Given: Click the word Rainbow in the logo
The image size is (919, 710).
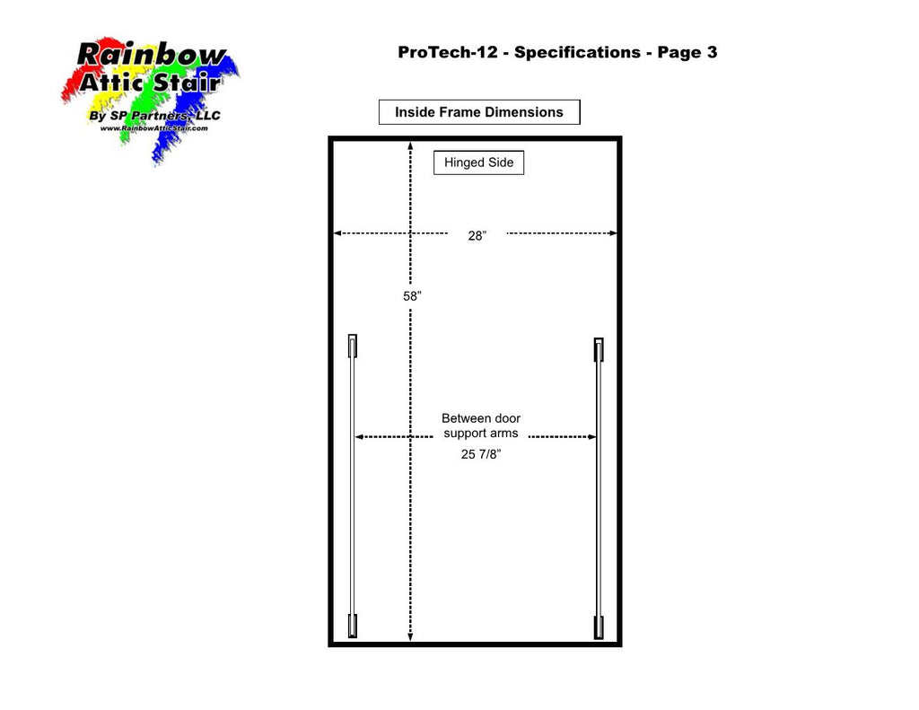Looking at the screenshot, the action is tap(151, 55).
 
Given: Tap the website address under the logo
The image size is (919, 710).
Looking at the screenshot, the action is tap(153, 128).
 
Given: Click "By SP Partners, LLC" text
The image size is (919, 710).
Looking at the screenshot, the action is tap(154, 116).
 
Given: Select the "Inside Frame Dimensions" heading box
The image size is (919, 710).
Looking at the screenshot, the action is tap(479, 112).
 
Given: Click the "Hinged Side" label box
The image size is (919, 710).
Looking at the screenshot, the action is tap(478, 162).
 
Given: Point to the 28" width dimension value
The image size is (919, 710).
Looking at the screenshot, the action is tap(477, 236).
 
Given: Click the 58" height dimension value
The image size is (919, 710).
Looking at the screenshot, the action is tap(412, 296).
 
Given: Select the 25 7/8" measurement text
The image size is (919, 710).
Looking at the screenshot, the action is tap(481, 454).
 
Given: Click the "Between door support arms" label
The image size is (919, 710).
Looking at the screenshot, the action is tap(481, 425).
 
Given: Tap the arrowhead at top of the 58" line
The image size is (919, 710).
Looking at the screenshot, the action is tap(410, 145).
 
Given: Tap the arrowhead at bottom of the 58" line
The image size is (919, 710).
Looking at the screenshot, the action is tap(410, 637).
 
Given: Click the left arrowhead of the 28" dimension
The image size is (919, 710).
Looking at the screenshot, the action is tap(337, 233).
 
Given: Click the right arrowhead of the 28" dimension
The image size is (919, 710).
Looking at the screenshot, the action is tap(613, 233).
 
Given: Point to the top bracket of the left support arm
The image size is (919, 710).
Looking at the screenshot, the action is tap(352, 346).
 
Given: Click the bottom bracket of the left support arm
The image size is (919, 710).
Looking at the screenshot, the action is tap(352, 627).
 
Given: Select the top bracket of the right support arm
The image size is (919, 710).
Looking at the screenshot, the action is tap(599, 349).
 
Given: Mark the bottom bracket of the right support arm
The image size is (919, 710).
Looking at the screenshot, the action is tap(599, 627).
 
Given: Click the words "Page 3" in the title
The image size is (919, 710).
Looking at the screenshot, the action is tap(687, 52).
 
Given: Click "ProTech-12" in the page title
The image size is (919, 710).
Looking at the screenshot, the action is tap(448, 52).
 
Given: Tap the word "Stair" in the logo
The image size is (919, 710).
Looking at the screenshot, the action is tap(187, 83).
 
